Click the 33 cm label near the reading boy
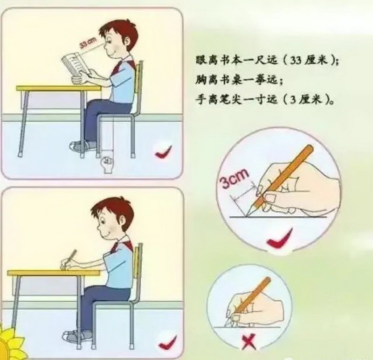click(x=88, y=43)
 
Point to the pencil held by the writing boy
click(x=69, y=259)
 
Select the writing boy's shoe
click(x=77, y=336)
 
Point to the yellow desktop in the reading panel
click(x=59, y=88)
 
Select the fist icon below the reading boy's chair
click(x=108, y=163)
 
